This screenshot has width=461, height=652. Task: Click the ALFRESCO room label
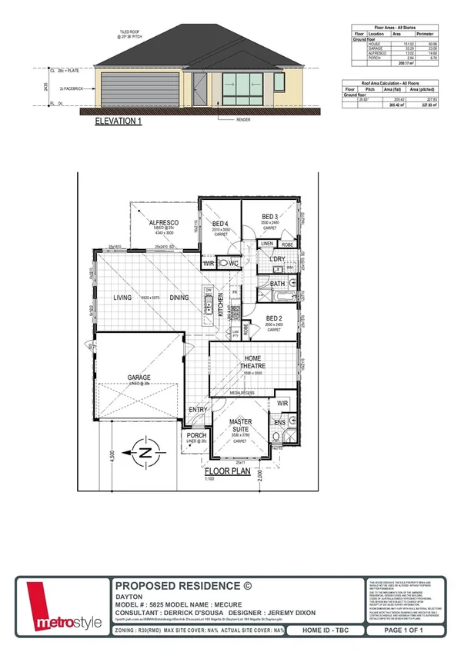(x=164, y=223)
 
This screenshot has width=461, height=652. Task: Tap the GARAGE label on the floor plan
(x=139, y=378)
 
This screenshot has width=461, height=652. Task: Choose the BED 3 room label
(x=269, y=216)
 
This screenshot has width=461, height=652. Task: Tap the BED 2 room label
(x=275, y=318)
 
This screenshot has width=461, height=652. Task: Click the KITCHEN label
(x=221, y=305)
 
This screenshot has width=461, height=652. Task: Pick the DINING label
(x=179, y=297)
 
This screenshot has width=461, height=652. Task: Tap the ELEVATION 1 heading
(x=119, y=121)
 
